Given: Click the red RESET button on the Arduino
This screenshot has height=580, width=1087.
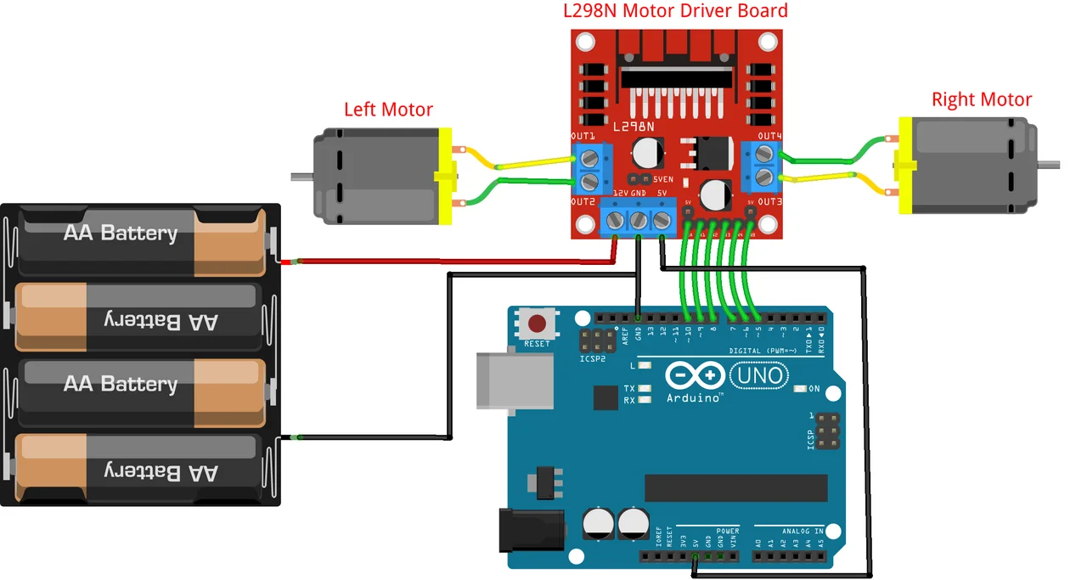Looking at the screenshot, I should tap(538, 324).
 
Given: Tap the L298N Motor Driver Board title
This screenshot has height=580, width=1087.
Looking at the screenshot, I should tap(675, 11).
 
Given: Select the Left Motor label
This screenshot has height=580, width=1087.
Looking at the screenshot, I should tap(388, 110).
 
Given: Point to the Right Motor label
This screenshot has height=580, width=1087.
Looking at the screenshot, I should tap(981, 99).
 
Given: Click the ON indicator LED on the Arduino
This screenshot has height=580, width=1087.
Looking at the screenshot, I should tap(800, 389).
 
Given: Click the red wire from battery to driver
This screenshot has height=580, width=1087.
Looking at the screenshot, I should tap(450, 261).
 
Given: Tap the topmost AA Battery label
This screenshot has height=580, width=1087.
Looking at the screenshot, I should tap(121, 233).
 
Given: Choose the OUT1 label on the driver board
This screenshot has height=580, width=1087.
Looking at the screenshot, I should tap(583, 136).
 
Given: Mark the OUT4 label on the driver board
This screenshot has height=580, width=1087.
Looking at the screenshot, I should tap(769, 136).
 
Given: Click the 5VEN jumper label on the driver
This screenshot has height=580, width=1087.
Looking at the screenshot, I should tap(663, 179).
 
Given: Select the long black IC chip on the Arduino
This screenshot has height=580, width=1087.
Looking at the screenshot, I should tap(735, 487).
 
